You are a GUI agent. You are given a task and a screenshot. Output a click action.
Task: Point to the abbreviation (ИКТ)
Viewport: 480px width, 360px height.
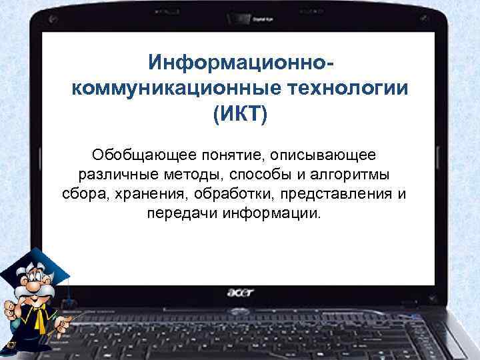tap(239, 115)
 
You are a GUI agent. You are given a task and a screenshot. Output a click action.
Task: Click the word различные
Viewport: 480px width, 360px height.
tap(112, 175)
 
